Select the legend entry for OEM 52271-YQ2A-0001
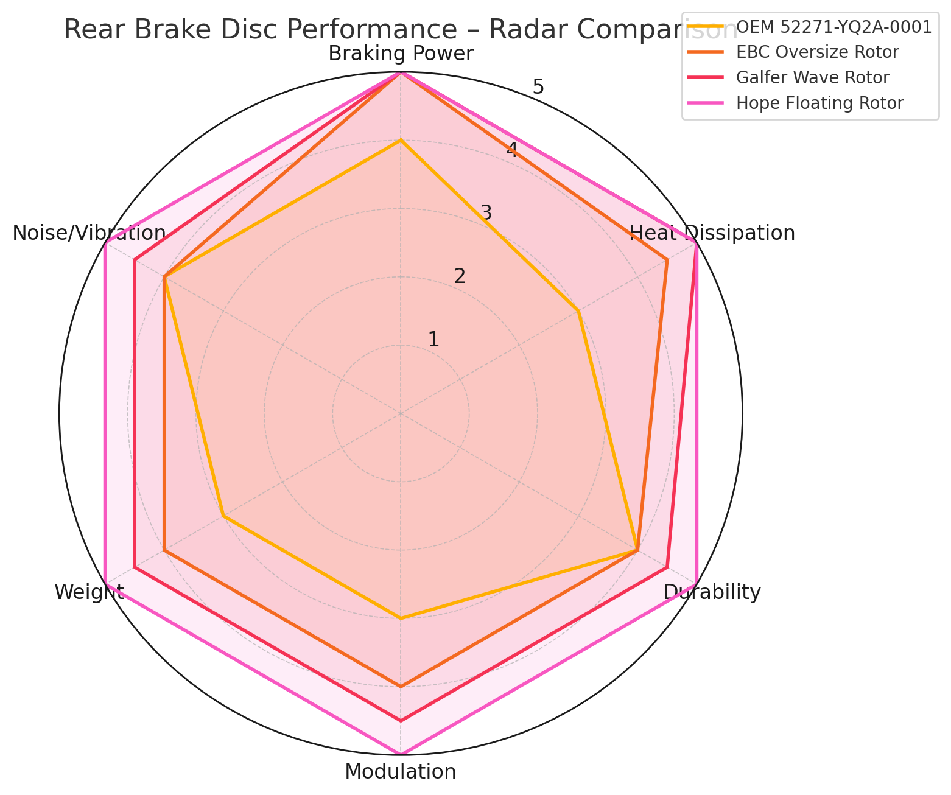(x=833, y=27)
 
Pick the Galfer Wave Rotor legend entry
(x=812, y=78)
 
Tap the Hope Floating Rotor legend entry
(x=819, y=103)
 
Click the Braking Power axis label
(x=401, y=54)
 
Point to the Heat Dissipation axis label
(x=712, y=233)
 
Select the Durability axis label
(x=712, y=592)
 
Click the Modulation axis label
(x=401, y=772)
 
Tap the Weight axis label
(x=89, y=592)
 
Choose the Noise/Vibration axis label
(x=89, y=233)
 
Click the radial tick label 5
(x=538, y=86)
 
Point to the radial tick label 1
(x=433, y=340)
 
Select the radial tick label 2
(x=460, y=276)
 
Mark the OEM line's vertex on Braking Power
(x=401, y=141)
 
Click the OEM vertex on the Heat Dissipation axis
(x=578, y=312)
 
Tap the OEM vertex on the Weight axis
(x=223, y=516)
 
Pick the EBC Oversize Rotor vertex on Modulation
(x=401, y=687)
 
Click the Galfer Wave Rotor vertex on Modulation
(x=401, y=721)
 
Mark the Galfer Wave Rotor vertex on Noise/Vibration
(x=135, y=261)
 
